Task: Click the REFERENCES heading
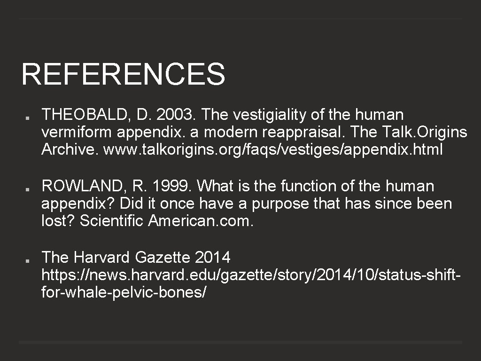pos(123,74)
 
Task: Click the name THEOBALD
pos(83,115)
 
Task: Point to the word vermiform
pos(77,133)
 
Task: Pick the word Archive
pos(70,150)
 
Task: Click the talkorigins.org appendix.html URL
pos(272,150)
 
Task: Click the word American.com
pos(201,221)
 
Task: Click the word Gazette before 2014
pos(162,258)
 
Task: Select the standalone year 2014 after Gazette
pos(213,258)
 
